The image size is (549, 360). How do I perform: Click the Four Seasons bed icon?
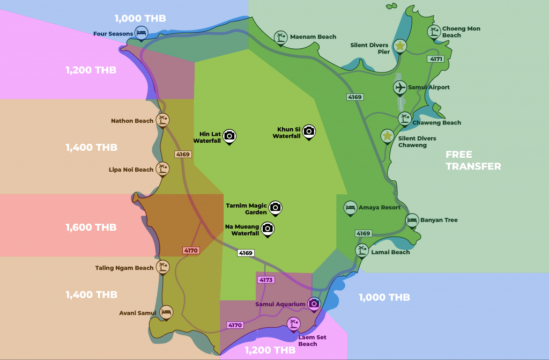(141, 33)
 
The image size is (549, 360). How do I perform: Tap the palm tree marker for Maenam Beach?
(280, 36)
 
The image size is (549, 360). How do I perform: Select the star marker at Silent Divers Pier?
(399, 46)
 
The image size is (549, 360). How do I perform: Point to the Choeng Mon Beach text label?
(461, 32)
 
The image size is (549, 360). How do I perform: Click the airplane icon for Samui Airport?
(399, 86)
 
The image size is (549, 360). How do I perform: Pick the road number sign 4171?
(436, 58)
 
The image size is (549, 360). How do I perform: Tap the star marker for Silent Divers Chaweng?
(387, 136)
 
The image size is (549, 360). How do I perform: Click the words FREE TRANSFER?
(473, 160)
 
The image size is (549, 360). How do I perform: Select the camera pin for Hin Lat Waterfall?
(229, 136)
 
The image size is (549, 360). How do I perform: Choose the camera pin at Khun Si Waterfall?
(309, 131)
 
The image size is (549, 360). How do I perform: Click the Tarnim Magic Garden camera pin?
(276, 207)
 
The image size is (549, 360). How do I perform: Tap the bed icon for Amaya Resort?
(350, 207)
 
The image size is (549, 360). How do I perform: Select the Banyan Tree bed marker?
(412, 219)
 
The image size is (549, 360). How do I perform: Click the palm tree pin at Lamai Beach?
(362, 250)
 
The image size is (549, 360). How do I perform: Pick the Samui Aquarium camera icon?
(314, 304)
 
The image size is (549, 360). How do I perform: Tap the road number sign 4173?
(265, 280)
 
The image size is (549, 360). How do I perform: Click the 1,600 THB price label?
(91, 227)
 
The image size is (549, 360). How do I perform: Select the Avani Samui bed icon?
(166, 312)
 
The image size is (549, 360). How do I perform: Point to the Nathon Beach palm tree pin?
(162, 120)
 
